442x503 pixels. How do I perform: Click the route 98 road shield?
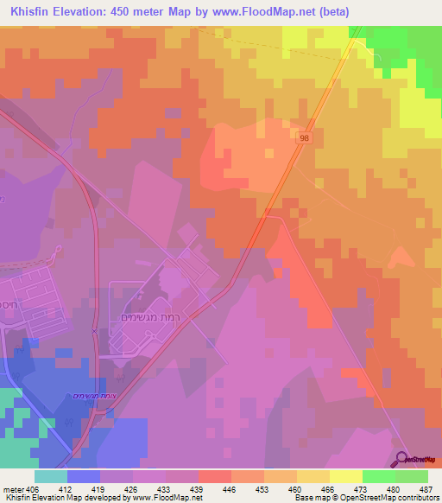305,138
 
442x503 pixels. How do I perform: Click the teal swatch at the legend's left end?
51,476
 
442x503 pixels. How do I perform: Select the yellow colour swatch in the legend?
345,476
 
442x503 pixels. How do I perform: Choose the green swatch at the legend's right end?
411,476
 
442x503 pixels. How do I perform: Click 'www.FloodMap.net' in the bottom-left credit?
166,498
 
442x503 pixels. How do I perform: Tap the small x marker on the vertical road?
94,331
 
